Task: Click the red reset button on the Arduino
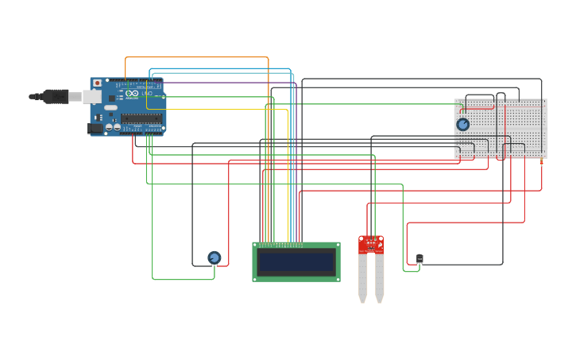(97, 83)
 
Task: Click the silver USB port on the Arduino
(92, 97)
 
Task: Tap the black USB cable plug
(55, 96)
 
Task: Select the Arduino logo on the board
(132, 94)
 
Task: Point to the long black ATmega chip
(142, 118)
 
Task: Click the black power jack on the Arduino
(95, 127)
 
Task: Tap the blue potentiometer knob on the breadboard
(462, 124)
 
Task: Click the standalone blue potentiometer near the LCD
(214, 257)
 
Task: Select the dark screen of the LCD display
(296, 261)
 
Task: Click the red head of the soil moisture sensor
(370, 244)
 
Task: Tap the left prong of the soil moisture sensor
(362, 278)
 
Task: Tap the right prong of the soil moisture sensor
(380, 278)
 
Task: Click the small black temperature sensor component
(419, 258)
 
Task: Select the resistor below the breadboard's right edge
(542, 162)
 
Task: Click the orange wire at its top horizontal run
(199, 57)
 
